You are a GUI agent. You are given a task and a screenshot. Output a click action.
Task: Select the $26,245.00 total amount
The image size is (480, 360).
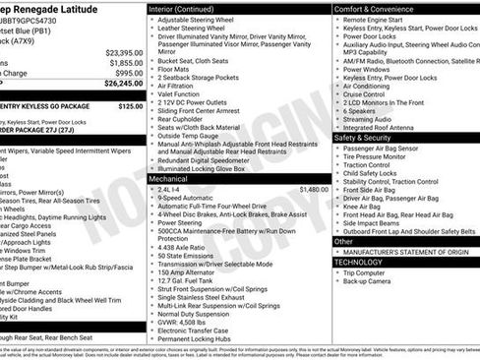124,83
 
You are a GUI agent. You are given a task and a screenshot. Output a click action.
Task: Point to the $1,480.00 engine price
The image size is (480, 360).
313,188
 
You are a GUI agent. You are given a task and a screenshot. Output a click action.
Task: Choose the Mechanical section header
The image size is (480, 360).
168,179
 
